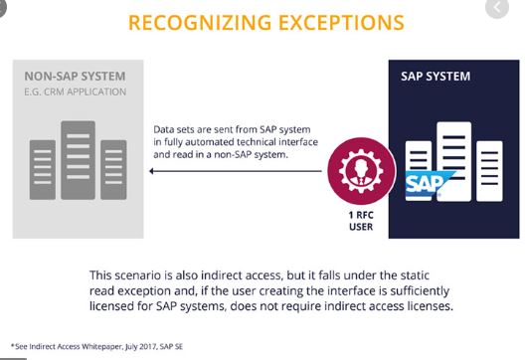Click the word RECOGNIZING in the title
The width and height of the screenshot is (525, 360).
pyautogui.click(x=200, y=23)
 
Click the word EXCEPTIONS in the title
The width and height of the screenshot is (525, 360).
pyautogui.click(x=341, y=23)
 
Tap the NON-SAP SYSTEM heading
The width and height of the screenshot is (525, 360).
pyautogui.click(x=75, y=77)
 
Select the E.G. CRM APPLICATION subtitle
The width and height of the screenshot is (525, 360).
pyautogui.click(x=75, y=91)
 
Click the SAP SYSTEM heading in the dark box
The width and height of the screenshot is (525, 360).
pyautogui.click(x=436, y=77)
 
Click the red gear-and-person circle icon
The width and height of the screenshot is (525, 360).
pyautogui.click(x=361, y=171)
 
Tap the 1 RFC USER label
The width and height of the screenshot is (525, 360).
pyautogui.click(x=361, y=221)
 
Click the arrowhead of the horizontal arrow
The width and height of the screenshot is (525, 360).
pyautogui.click(x=151, y=171)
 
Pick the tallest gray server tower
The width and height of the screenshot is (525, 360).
pyautogui.click(x=78, y=160)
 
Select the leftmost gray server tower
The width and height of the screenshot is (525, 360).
pyautogui.click(x=43, y=170)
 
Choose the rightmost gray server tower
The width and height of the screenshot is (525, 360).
pyautogui.click(x=113, y=170)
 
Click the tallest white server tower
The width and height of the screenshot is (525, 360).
pyautogui.click(x=454, y=161)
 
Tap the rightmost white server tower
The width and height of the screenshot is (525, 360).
pyautogui.click(x=489, y=171)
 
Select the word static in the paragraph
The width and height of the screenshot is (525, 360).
pyautogui.click(x=415, y=275)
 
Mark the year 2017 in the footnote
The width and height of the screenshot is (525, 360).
pyautogui.click(x=147, y=347)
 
